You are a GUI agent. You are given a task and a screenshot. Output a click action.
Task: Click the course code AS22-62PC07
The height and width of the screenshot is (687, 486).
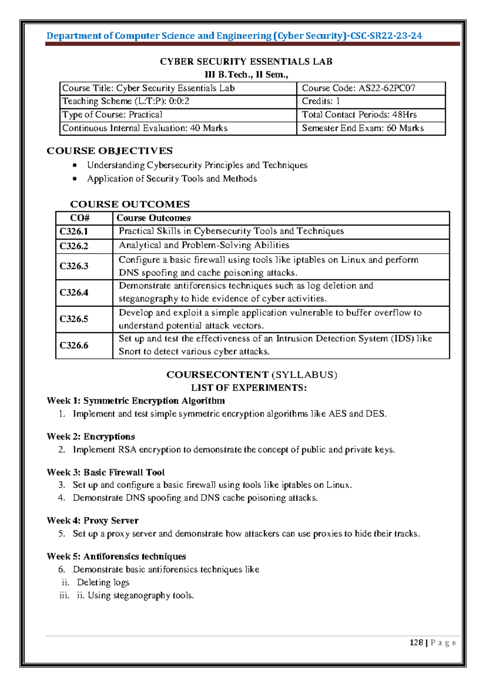click(387, 88)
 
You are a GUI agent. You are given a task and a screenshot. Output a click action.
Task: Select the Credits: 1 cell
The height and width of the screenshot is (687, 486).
click(321, 101)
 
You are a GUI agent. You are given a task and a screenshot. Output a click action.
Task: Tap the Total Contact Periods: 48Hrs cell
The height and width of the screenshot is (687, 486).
click(359, 115)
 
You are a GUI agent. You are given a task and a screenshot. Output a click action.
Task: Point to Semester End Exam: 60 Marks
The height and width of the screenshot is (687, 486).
click(362, 128)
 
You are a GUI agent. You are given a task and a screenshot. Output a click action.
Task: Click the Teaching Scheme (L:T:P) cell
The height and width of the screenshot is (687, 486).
click(126, 101)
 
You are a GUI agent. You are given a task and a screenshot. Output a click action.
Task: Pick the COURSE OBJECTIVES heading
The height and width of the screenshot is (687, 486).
click(110, 151)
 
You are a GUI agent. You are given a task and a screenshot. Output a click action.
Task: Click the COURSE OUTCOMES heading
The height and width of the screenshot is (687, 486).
click(130, 204)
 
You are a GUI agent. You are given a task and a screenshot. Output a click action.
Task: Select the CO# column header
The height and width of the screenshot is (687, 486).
click(80, 218)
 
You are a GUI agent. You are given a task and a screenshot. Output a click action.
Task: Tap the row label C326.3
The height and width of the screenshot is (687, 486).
click(74, 266)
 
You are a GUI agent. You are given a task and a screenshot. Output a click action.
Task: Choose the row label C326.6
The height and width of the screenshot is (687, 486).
click(74, 346)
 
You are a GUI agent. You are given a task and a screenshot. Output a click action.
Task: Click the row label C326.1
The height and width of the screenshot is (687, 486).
click(74, 232)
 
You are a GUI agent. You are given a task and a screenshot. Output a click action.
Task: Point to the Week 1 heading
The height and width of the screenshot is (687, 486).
click(136, 401)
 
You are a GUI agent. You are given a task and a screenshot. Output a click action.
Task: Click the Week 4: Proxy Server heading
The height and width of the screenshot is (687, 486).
click(92, 521)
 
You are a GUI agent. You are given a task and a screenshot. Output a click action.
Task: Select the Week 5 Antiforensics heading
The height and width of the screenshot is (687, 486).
click(116, 557)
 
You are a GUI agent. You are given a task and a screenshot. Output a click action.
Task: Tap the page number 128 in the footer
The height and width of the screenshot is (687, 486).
click(416, 643)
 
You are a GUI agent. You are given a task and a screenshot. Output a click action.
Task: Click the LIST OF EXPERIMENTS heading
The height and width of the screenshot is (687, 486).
click(249, 388)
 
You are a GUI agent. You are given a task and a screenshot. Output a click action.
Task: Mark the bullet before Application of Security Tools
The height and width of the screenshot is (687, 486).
click(75, 179)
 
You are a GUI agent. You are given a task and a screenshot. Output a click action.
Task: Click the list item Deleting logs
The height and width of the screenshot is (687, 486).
click(103, 582)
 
